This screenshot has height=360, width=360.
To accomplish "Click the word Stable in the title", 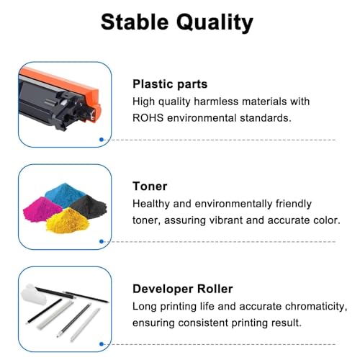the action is [135, 22].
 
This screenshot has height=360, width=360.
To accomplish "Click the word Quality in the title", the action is [215, 23].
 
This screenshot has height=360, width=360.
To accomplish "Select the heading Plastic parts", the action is [170, 84].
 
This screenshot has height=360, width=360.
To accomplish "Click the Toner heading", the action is [150, 186].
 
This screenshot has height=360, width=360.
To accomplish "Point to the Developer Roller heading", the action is [183, 289].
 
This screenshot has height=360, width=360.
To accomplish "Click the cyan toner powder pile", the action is [64, 194].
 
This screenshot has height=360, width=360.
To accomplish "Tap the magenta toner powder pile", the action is [41, 210].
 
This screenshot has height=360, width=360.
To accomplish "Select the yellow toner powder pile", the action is [68, 221].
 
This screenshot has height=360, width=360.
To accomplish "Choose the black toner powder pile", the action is [89, 206].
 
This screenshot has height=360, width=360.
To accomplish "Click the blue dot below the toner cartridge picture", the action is [102, 140].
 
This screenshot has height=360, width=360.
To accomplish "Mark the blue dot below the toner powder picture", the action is [102, 241].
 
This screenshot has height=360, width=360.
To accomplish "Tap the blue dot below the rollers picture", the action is [102, 344].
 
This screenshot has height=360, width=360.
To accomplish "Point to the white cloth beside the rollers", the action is [34, 294].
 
